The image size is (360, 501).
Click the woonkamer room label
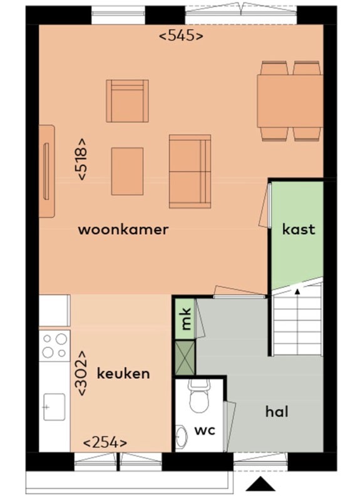[123, 230]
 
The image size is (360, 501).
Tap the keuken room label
[123, 373]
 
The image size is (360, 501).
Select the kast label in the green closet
[299, 229]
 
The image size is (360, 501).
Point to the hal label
[277, 411]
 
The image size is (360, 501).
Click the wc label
[205, 430]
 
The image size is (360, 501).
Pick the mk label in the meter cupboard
[185, 319]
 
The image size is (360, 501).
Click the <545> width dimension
[181, 36]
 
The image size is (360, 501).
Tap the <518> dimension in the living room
[81, 159]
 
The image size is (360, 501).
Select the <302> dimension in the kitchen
[81, 373]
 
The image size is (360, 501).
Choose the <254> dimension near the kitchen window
[105, 443]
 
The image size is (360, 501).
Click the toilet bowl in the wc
[198, 397]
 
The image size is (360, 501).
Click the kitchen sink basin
[54, 407]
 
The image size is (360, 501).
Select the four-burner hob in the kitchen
[54, 346]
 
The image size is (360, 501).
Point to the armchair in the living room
[127, 101]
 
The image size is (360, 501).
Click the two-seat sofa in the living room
[190, 171]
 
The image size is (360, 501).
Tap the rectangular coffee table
[127, 171]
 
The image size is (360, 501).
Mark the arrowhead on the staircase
[297, 291]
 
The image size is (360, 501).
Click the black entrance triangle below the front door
[260, 483]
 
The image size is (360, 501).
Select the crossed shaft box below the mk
[185, 358]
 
